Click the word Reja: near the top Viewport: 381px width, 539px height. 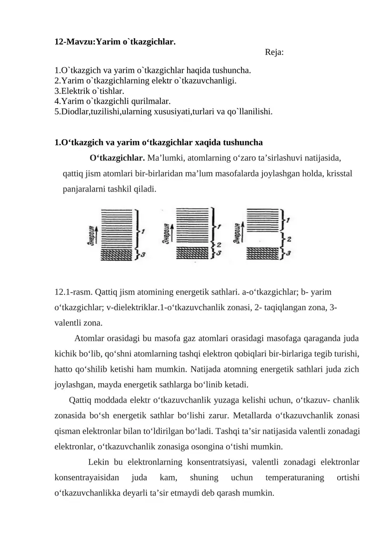coord(274,52)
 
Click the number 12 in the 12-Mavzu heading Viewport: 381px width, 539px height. coord(59,42)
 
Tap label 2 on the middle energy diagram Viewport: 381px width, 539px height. coord(219,244)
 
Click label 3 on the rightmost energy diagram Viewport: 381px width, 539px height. coord(290,254)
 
